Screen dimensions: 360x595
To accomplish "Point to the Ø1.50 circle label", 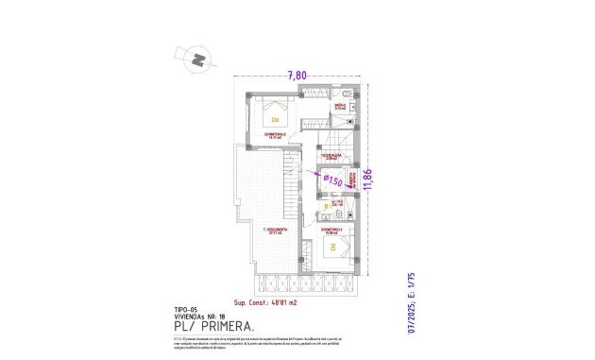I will click(331, 178).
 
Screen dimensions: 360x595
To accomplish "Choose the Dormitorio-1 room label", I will click(331, 230).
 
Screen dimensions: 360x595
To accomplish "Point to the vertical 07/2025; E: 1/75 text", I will click(411, 305).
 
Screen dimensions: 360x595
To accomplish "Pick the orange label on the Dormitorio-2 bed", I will click(276, 120).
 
